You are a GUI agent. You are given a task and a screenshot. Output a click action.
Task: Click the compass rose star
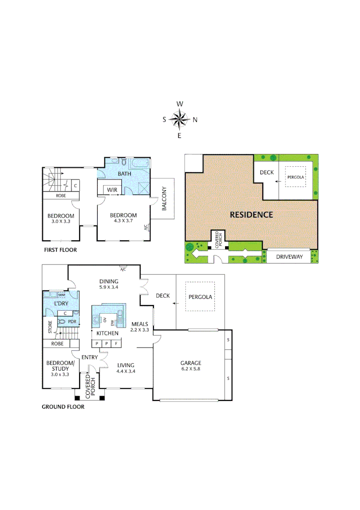[x=180, y=119]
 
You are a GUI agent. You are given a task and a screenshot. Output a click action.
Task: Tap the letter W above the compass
[x=180, y=103]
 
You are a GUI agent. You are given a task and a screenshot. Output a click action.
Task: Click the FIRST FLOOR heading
[x=60, y=250]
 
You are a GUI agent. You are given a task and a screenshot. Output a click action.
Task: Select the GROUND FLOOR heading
[x=63, y=407]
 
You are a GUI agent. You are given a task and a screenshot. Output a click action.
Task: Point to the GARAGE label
[x=191, y=363]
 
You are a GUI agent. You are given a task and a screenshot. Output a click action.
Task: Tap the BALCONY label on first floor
[x=164, y=199]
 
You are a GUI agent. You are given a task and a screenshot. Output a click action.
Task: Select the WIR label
[x=112, y=190]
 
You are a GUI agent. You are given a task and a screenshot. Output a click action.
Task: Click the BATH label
[x=124, y=174]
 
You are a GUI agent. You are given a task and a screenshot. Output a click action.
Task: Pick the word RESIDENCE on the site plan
[x=251, y=214]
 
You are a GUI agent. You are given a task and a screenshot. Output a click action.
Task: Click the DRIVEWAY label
[x=287, y=256]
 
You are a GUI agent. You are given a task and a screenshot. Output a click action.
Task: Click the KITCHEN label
[x=107, y=333]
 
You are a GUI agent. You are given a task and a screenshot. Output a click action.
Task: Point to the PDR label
[x=72, y=322]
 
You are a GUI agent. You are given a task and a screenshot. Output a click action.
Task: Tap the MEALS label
[x=140, y=323]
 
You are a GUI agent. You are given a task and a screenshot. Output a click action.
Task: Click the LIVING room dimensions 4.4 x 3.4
[x=126, y=371]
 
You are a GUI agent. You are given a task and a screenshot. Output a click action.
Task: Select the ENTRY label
[x=89, y=357]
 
